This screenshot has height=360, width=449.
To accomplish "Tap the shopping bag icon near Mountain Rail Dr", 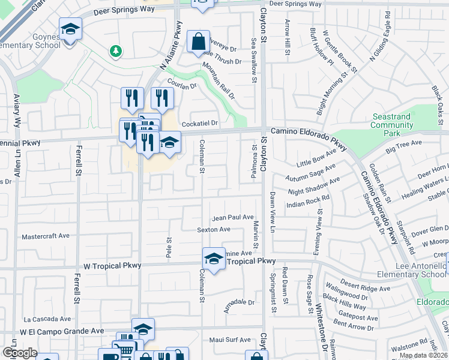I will coord(198,41).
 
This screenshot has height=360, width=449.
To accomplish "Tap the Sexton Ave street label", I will coord(214,229).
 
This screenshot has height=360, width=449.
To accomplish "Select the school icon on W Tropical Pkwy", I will coord(214,259).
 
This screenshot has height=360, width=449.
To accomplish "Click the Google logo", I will coord(20,353).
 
